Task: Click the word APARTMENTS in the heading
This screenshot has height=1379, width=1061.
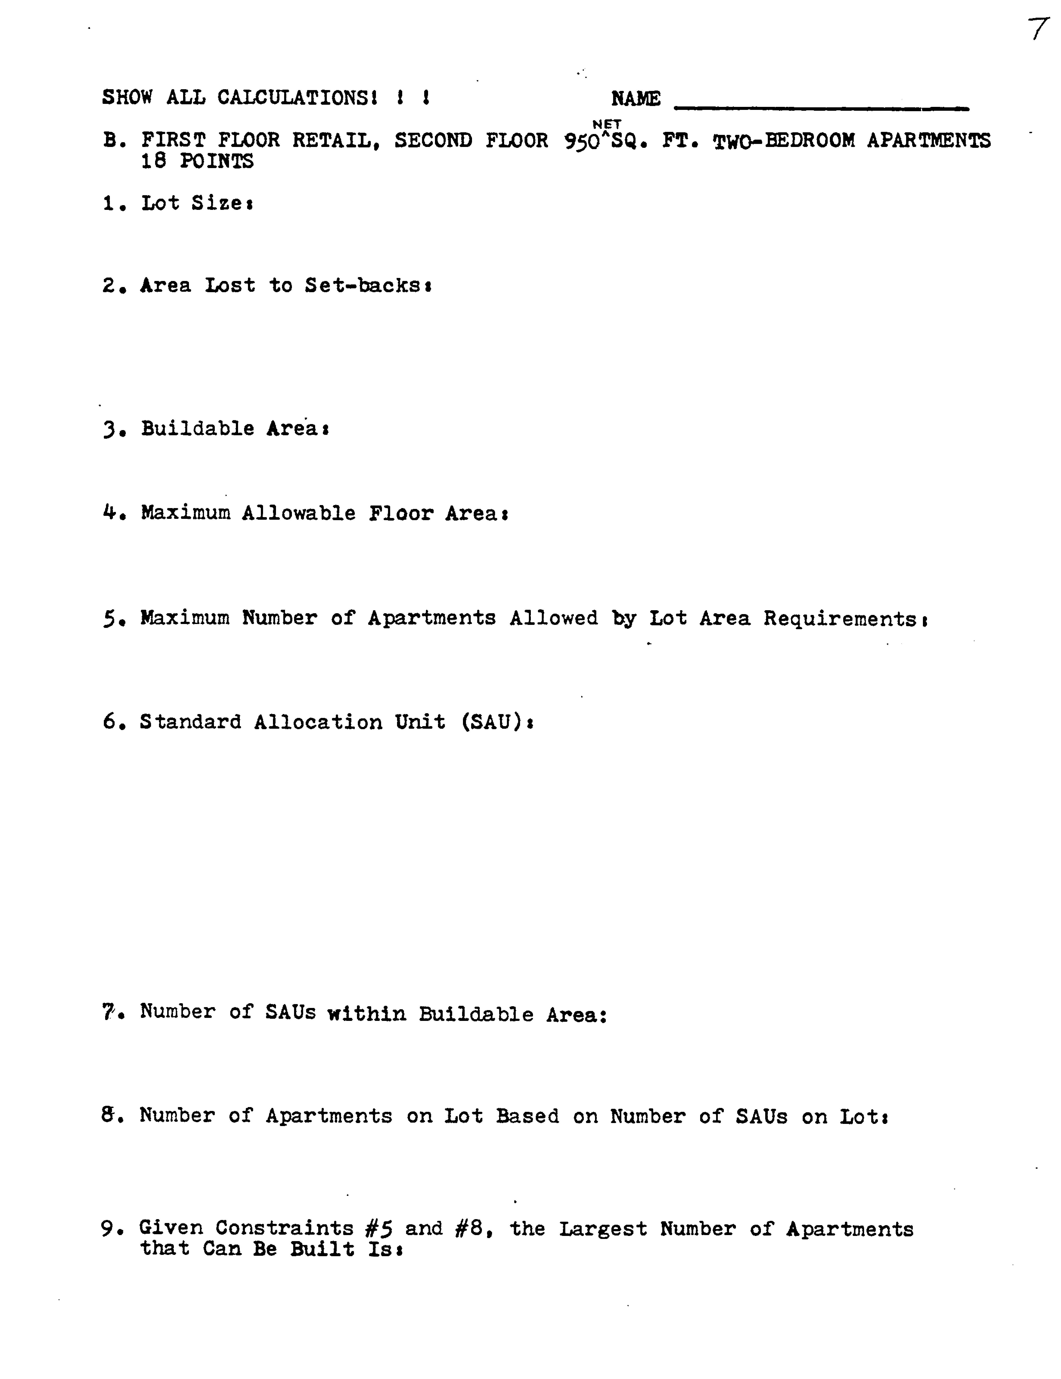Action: [x=928, y=140]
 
